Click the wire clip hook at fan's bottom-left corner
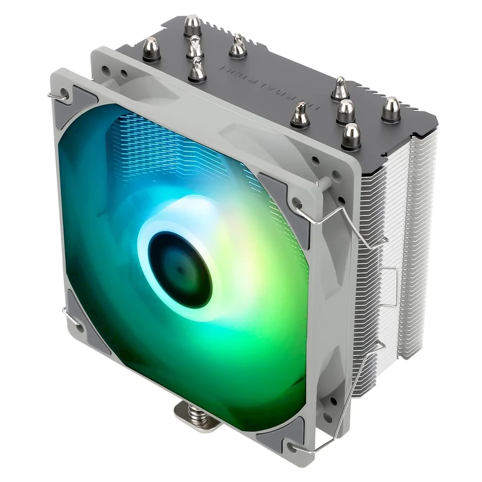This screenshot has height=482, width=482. tap(65, 311)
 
